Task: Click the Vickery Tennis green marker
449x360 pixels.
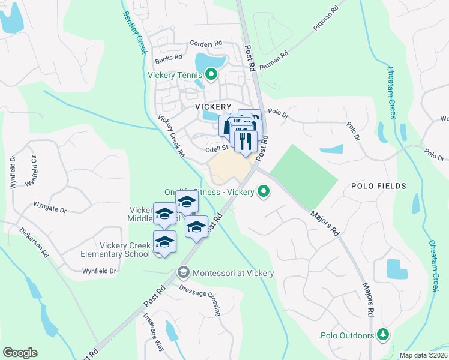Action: (x=211, y=75)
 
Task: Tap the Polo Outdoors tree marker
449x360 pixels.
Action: (x=382, y=335)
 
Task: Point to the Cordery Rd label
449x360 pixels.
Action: (x=206, y=43)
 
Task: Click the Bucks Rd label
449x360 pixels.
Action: (x=168, y=58)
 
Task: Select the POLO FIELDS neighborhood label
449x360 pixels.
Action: (x=379, y=186)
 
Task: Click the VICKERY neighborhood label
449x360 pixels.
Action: (x=213, y=106)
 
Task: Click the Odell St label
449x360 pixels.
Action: (x=217, y=148)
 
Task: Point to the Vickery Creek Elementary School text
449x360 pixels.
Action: (x=116, y=250)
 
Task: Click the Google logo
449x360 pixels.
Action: (x=20, y=353)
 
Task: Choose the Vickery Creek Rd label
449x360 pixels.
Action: (x=172, y=136)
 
